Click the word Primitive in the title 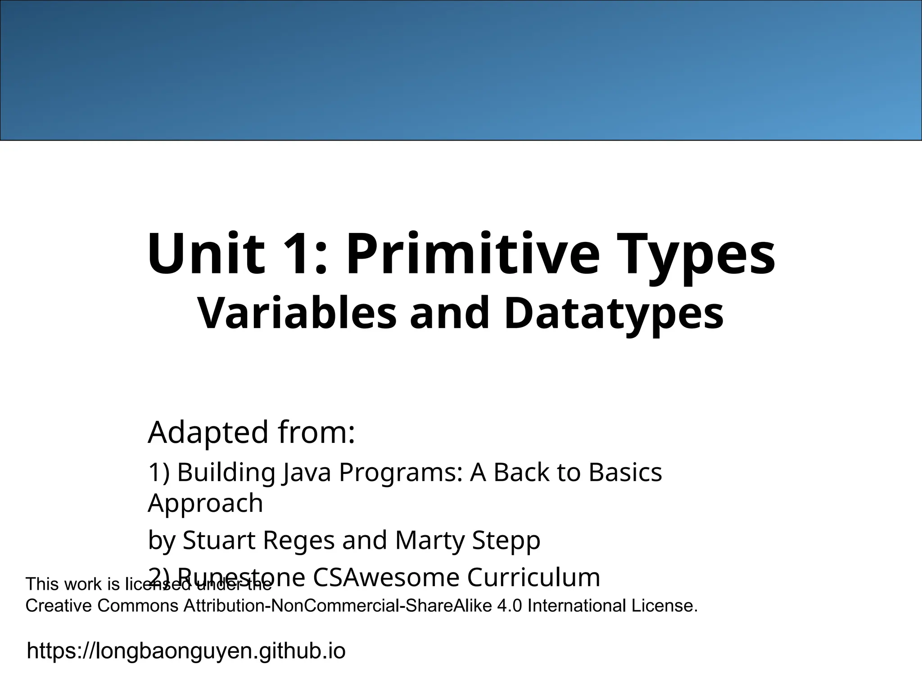coord(473,255)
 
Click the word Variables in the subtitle coord(297,313)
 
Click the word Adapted coord(208,432)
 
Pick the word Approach coord(205,504)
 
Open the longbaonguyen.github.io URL coord(186,651)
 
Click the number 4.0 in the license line coord(510,606)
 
